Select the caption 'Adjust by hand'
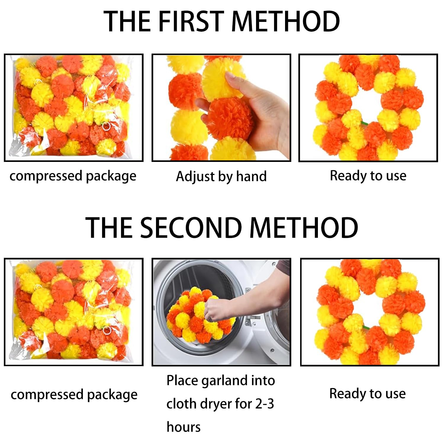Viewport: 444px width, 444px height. tap(221, 176)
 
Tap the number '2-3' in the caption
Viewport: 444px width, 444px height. tap(264, 404)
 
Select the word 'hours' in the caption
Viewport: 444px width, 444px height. tap(184, 427)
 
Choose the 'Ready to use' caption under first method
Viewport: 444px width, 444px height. tap(368, 176)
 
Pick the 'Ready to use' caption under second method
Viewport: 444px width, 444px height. tap(367, 394)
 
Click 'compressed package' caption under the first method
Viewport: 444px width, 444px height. tap(73, 176)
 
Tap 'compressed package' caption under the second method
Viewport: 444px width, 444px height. tap(74, 395)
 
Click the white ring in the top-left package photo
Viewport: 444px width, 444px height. tap(106, 127)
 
